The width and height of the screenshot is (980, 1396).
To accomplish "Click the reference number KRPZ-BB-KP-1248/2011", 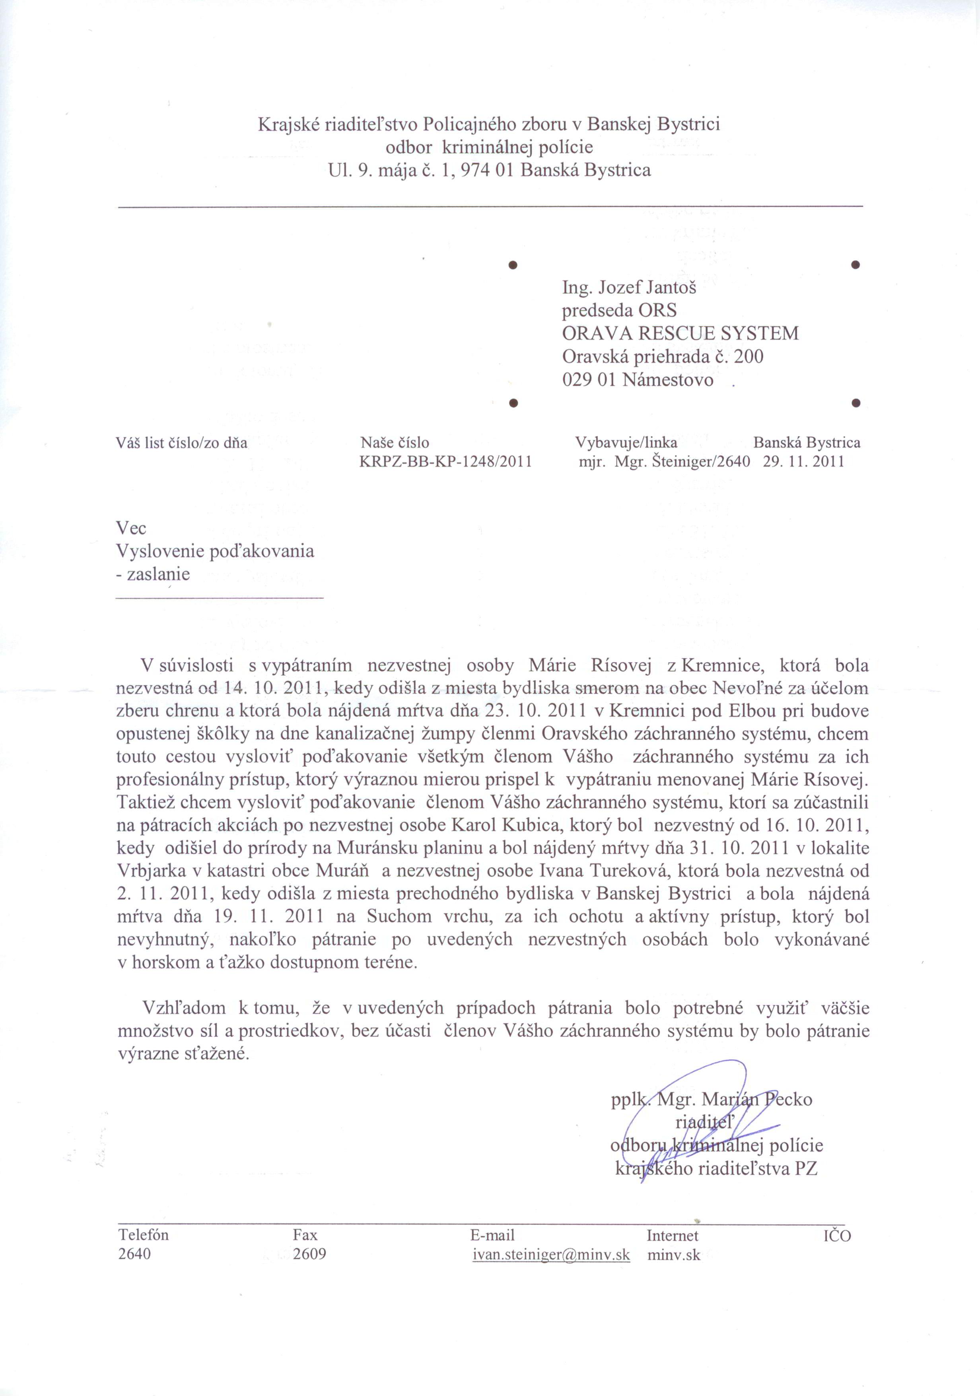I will pyautogui.click(x=445, y=461).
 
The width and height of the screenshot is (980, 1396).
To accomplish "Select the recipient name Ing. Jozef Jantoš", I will pyautogui.click(x=629, y=287).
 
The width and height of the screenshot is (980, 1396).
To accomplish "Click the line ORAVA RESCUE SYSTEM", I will pyautogui.click(x=680, y=333).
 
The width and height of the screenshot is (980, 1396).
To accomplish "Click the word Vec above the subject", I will pyautogui.click(x=131, y=528).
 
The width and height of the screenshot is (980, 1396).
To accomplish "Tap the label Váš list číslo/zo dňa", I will pyautogui.click(x=182, y=443).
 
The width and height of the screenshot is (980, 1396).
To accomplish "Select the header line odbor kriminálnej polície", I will pyautogui.click(x=489, y=147).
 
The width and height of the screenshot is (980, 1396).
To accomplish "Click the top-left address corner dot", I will pyautogui.click(x=513, y=265).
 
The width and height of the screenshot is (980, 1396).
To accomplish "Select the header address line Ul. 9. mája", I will pyautogui.click(x=489, y=170).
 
